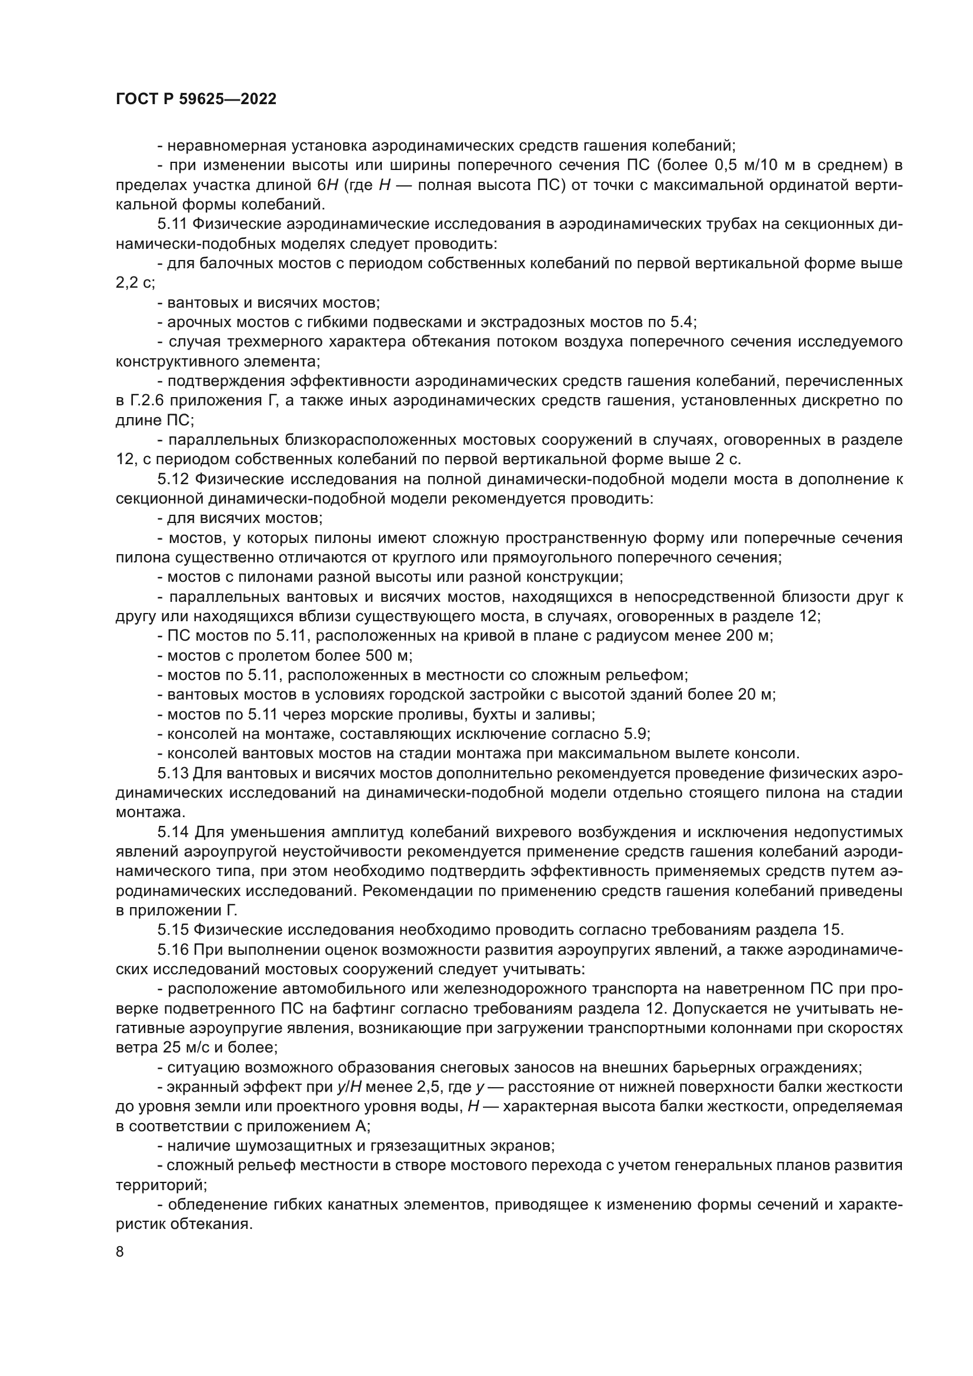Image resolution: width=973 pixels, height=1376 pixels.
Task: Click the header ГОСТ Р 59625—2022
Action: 196,99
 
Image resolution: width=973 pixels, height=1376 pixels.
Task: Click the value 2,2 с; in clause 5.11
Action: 135,283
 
